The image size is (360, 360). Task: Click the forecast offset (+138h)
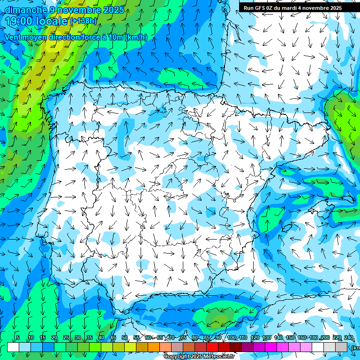(x=83, y=21)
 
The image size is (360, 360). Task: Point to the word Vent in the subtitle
(x=14, y=37)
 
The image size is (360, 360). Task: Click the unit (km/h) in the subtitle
(x=136, y=37)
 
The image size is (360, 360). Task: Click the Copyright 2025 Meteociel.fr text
(x=199, y=357)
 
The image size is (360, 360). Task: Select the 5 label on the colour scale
(x=18, y=338)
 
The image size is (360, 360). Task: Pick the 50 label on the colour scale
(x=124, y=338)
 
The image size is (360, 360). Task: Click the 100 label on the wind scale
(x=231, y=338)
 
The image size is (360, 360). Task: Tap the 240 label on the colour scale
(x=348, y=338)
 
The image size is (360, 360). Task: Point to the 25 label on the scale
(x=66, y=338)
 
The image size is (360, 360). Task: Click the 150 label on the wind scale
(x=290, y=338)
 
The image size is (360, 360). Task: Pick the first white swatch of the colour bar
(x=13, y=347)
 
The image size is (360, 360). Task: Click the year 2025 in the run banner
(x=335, y=8)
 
